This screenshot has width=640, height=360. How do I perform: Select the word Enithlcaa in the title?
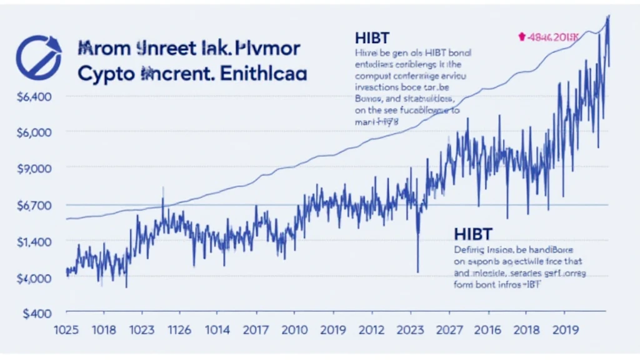coord(260,72)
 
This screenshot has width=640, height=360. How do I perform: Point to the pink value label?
coord(549,37)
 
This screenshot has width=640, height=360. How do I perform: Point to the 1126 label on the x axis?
coord(176,331)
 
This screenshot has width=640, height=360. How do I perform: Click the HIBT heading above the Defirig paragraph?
coord(474,234)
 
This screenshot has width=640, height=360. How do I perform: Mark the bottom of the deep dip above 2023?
coord(417,272)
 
